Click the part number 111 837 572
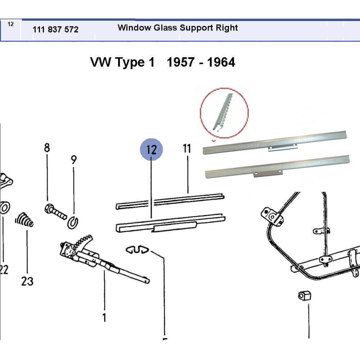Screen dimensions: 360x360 tap(55, 30)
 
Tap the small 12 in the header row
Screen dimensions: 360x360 tap(10, 24)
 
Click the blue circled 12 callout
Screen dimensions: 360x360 tap(152, 149)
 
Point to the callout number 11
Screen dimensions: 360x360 tap(186, 148)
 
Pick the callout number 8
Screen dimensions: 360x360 tap(47, 148)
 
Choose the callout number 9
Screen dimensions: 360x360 tap(74, 160)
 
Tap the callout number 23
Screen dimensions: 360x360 tap(27, 281)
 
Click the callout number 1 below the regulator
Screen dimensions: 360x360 tap(104, 318)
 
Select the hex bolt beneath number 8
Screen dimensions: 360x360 tap(56, 211)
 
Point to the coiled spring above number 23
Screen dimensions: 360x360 tap(24, 219)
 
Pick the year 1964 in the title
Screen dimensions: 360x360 tap(220, 62)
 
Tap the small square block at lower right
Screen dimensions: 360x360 tap(305, 296)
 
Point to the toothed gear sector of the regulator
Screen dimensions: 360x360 tap(84, 240)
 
